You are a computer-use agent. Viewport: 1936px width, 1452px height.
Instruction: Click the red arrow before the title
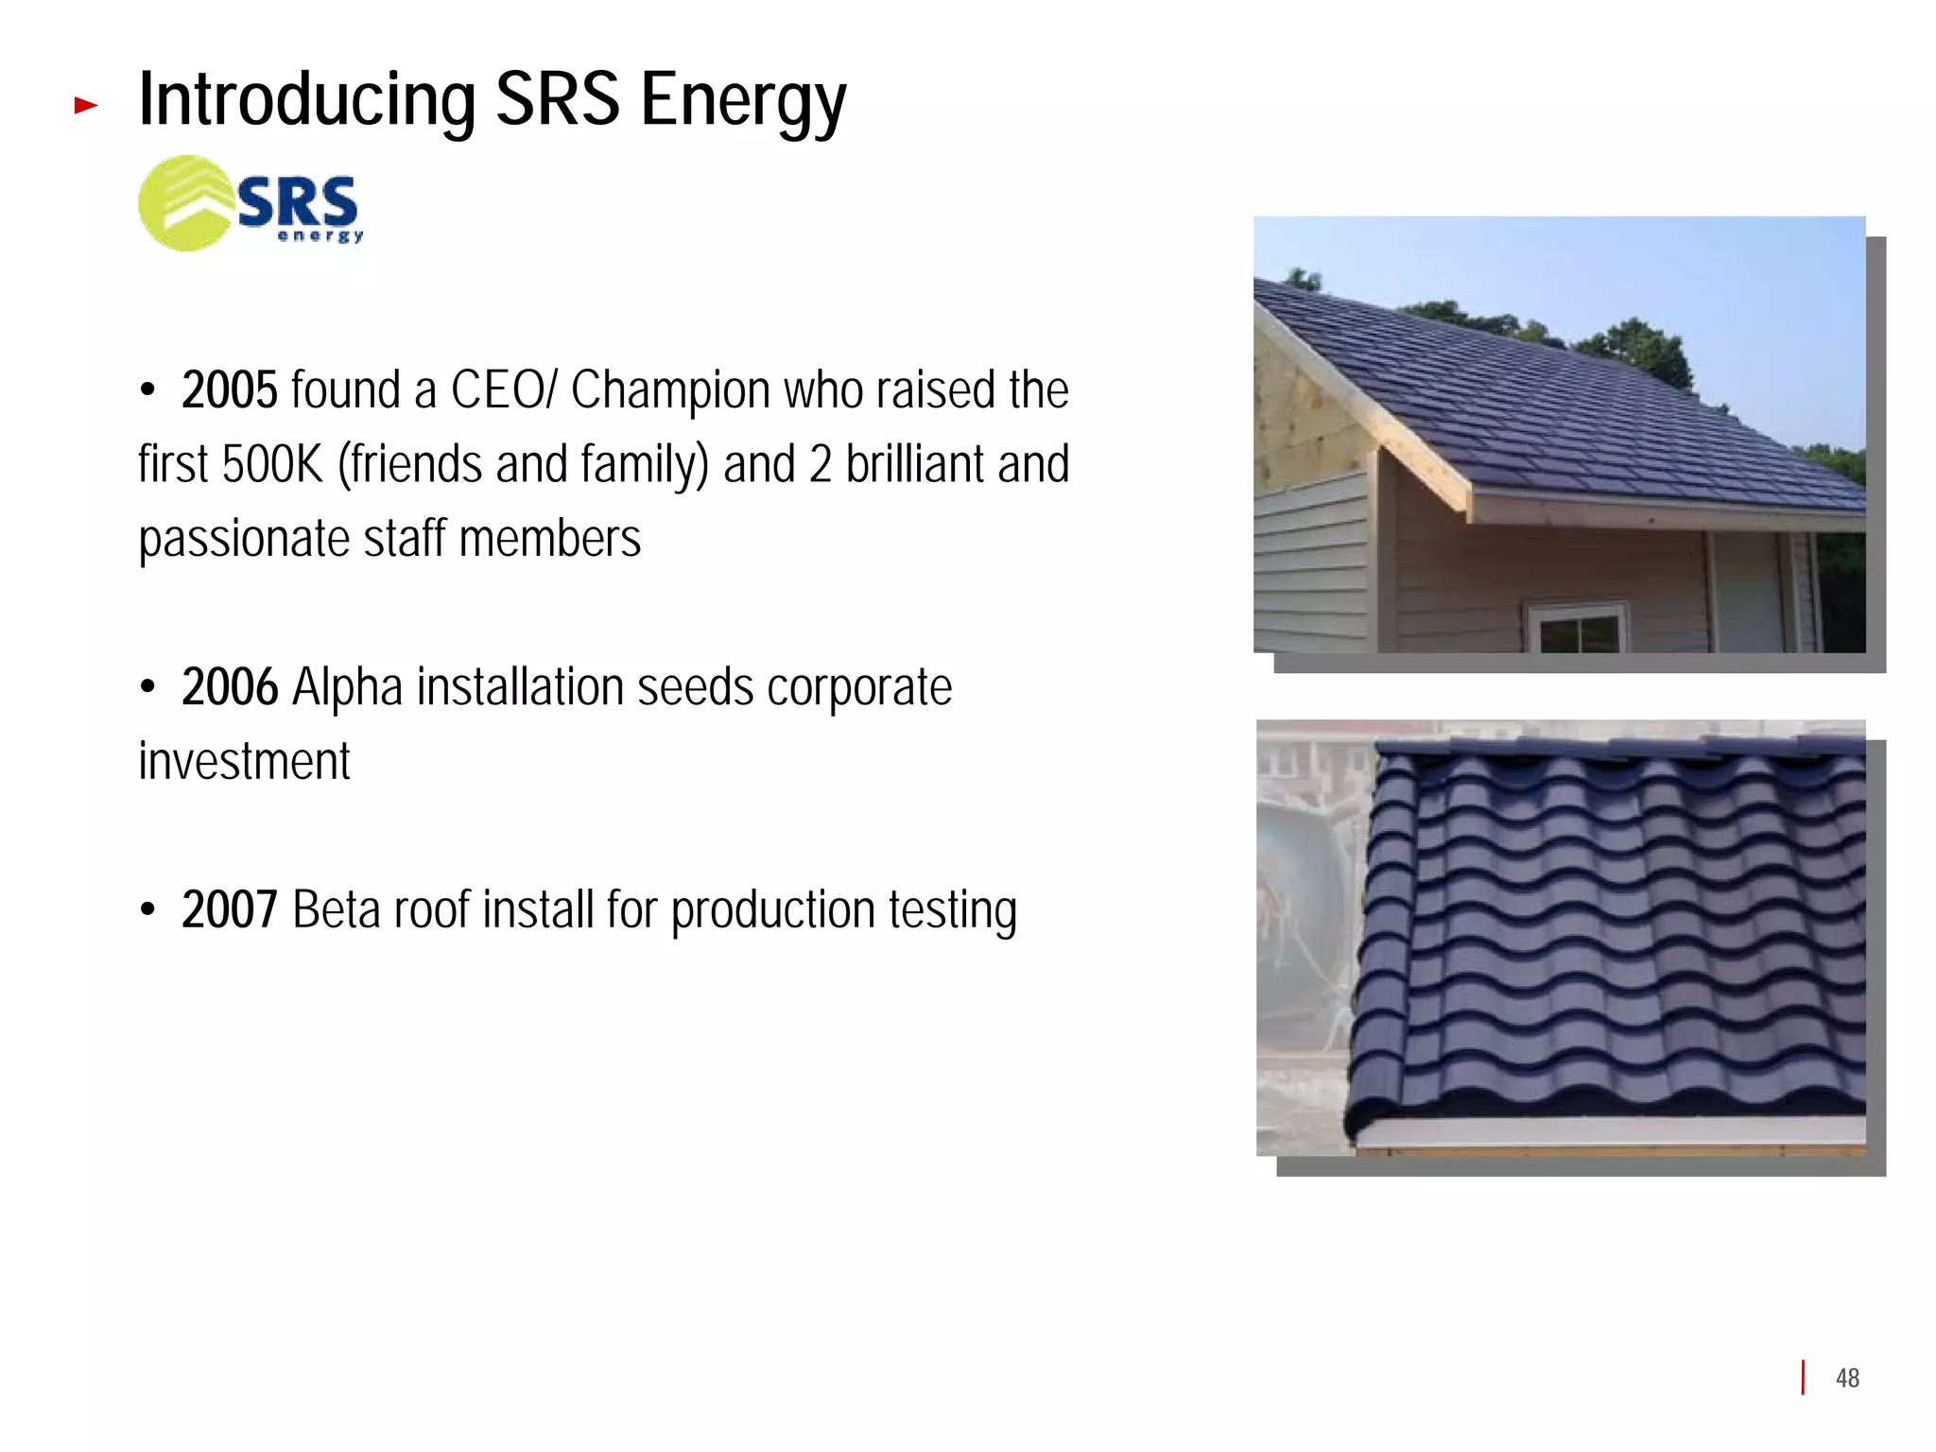(x=86, y=105)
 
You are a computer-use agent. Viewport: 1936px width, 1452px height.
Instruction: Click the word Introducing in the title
(x=307, y=99)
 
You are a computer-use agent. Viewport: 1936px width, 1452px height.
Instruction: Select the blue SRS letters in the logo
(x=297, y=201)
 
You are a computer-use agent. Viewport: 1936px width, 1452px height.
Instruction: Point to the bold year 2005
(x=230, y=389)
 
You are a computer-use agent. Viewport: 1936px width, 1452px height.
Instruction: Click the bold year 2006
(x=230, y=686)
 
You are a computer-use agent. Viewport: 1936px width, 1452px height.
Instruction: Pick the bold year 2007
(x=230, y=909)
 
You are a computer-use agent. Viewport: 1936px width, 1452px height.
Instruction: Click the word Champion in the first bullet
(x=670, y=389)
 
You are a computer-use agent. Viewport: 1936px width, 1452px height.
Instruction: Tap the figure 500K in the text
(x=272, y=464)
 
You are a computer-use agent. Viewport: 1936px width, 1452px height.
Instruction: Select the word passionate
(x=244, y=539)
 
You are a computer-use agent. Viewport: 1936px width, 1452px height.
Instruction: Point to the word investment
(x=244, y=761)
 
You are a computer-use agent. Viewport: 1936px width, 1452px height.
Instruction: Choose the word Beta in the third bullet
(x=336, y=909)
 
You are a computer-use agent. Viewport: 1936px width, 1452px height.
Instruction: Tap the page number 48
(x=1847, y=1377)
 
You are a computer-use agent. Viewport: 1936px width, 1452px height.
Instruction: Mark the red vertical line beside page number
(x=1803, y=1377)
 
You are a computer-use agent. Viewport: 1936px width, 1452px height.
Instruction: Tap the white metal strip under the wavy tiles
(x=1607, y=1131)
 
